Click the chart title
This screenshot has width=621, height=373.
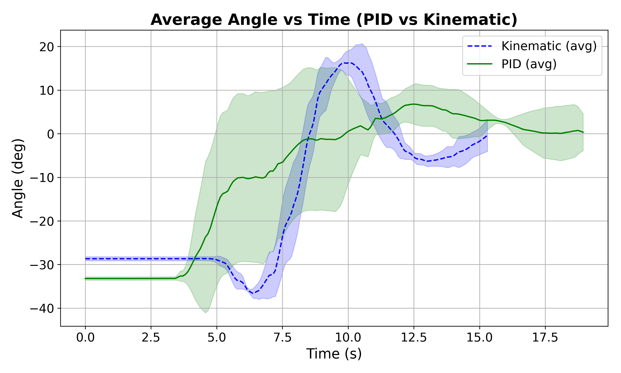[x=334, y=20]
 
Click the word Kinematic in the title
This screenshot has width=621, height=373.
[x=470, y=20]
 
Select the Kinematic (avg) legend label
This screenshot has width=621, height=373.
[x=549, y=46]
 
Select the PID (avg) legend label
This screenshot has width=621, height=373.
[x=529, y=64]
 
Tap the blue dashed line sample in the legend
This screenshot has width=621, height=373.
[x=479, y=46]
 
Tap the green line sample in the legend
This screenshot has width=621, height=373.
[x=479, y=64]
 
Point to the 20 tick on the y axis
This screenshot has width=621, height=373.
[x=47, y=47]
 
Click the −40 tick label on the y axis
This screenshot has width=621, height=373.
[x=42, y=309]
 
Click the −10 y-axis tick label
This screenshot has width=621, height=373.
[x=42, y=178]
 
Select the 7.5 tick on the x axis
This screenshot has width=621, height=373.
[x=282, y=338]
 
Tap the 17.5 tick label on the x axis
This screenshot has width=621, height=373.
[x=545, y=338]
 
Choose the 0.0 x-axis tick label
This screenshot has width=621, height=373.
[x=85, y=338]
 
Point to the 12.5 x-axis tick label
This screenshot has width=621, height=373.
[x=414, y=338]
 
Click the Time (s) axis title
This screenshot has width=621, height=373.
[x=334, y=354]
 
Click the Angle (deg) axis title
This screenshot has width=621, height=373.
[x=18, y=178]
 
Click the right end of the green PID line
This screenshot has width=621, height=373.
[x=583, y=132]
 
